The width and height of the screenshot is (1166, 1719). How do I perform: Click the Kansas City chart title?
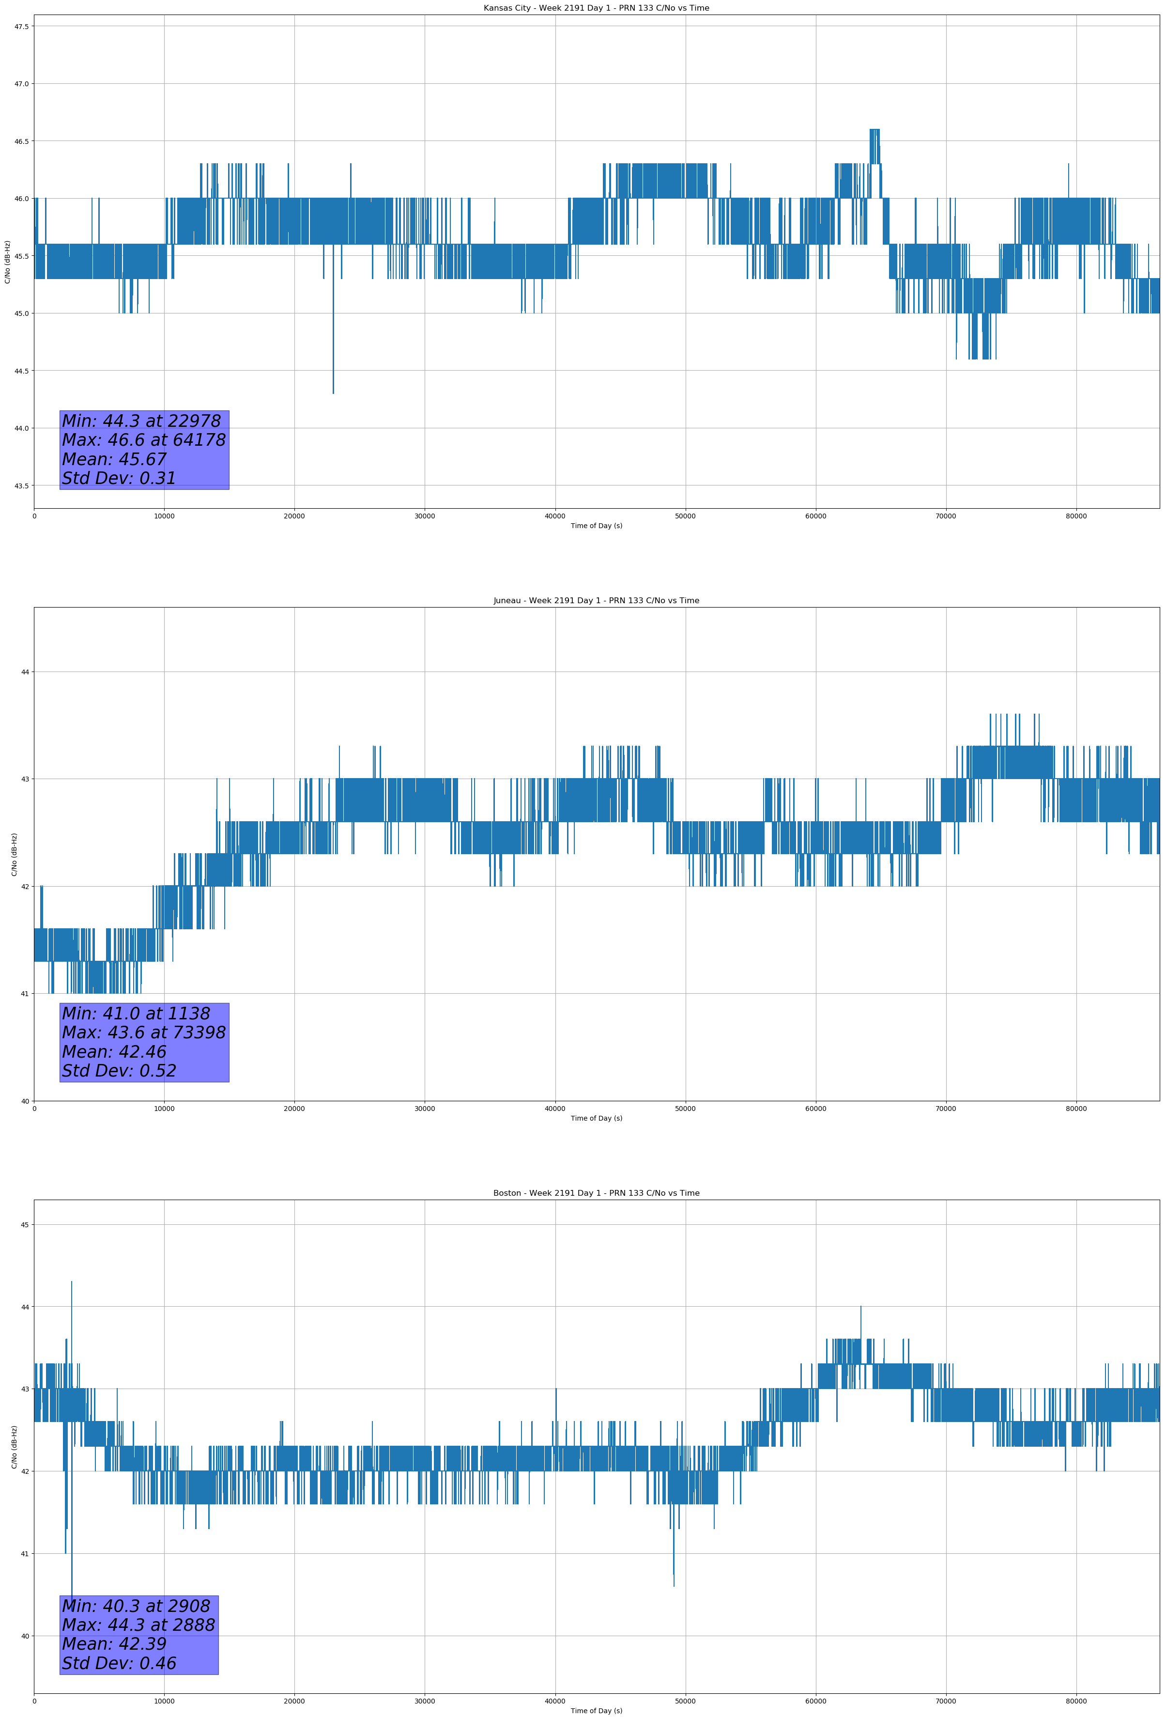(596, 8)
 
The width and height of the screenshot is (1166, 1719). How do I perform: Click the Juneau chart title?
(596, 601)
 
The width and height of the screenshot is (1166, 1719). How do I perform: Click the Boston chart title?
(596, 1193)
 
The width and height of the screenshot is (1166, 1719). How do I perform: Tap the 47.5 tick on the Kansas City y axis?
(21, 27)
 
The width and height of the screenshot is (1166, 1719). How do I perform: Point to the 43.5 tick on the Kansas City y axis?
(21, 486)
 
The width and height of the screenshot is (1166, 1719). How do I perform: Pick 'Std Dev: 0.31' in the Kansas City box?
(118, 479)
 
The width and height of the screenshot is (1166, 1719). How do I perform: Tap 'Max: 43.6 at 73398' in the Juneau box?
(143, 1032)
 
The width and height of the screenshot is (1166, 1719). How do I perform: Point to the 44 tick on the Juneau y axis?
(25, 672)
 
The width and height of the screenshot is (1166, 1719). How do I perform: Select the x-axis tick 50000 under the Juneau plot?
(685, 1108)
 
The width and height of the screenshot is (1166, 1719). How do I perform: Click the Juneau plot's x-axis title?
(596, 1118)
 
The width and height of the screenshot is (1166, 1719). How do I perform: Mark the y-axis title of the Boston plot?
(14, 1447)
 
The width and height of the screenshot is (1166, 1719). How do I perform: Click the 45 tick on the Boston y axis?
(25, 1225)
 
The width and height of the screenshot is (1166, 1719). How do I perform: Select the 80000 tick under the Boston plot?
(1076, 1701)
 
